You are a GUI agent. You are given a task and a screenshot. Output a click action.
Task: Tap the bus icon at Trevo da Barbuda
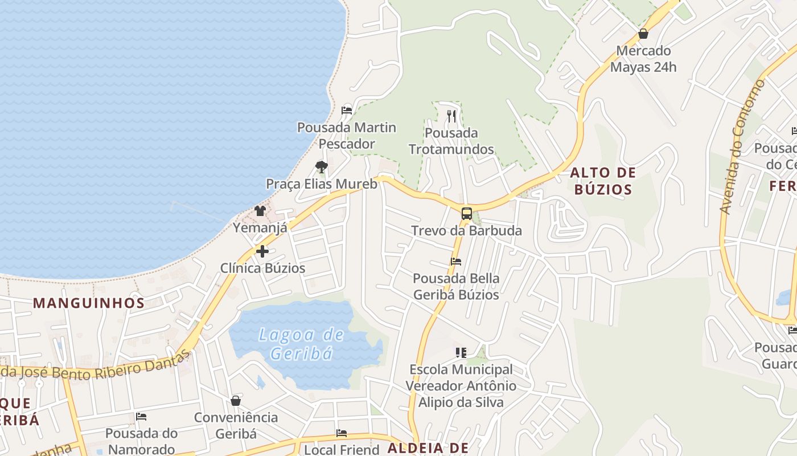point(466,214)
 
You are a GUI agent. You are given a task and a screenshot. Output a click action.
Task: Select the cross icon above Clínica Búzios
point(262,251)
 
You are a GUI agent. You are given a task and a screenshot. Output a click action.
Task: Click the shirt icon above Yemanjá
point(260,211)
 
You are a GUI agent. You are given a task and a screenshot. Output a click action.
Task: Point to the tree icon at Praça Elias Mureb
point(322,167)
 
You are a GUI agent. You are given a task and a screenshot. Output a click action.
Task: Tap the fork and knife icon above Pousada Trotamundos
point(451,116)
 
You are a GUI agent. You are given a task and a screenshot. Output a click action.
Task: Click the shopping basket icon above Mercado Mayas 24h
point(643,34)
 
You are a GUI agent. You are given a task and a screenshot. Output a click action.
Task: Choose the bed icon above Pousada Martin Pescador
point(347,110)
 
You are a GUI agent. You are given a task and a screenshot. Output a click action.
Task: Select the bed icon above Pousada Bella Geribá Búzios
point(456,262)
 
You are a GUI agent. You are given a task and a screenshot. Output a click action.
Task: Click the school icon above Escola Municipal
point(461,353)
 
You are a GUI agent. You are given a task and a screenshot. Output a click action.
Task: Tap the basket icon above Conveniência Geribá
point(236,401)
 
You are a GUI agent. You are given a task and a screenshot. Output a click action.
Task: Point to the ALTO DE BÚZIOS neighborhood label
point(603,181)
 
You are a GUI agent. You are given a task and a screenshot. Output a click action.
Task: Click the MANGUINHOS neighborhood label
point(89,303)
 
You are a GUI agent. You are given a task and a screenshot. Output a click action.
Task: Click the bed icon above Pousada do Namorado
point(141,417)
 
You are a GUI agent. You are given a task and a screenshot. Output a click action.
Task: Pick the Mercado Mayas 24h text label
point(643,59)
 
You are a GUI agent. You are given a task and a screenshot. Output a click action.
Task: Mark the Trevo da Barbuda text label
point(466,231)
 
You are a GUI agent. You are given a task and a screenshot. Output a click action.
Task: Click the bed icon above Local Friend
point(342,433)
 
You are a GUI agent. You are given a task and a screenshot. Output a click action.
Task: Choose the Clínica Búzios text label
point(262,268)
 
